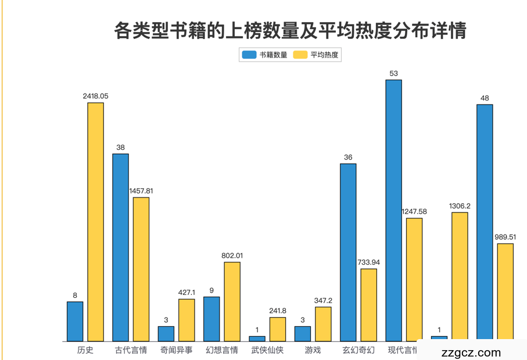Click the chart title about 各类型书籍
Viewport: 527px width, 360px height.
click(x=290, y=30)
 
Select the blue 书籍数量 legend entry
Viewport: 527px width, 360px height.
click(x=264, y=55)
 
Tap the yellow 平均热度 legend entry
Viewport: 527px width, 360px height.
click(x=316, y=55)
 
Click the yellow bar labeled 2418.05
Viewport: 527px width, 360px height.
click(x=96, y=222)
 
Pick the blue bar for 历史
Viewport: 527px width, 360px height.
click(x=75, y=321)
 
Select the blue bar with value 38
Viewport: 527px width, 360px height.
click(x=120, y=247)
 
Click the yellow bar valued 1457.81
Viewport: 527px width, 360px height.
click(x=141, y=269)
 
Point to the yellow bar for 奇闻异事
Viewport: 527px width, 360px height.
click(x=187, y=320)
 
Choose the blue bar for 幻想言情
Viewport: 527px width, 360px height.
click(x=211, y=319)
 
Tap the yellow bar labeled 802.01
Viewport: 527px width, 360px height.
click(x=232, y=301)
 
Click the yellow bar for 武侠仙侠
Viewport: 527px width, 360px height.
click(x=278, y=329)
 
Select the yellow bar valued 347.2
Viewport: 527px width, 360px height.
click(x=323, y=324)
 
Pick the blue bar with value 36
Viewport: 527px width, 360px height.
click(x=348, y=252)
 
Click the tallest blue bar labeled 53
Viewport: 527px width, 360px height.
click(x=394, y=210)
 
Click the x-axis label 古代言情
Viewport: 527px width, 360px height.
click(x=131, y=350)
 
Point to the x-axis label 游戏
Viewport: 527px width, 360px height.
click(x=313, y=350)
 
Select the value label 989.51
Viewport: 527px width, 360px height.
click(x=506, y=237)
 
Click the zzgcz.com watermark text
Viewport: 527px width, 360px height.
click(x=471, y=352)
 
